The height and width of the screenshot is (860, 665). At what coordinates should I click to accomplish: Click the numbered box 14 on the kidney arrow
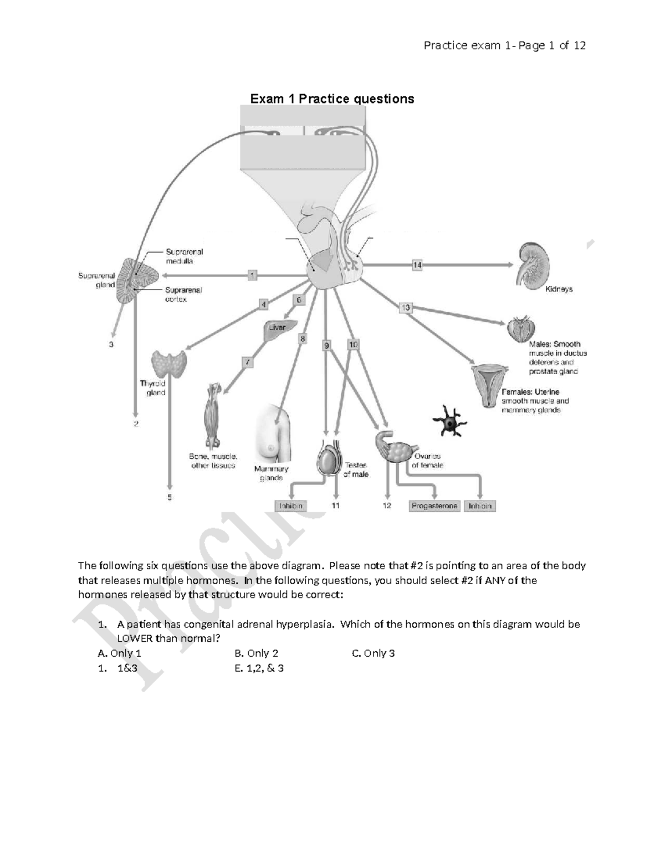[x=417, y=265]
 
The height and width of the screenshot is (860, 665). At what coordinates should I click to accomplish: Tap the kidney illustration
[x=533, y=262]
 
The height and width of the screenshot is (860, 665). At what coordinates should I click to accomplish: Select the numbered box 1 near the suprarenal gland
[x=252, y=275]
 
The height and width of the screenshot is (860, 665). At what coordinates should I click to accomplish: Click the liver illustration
[x=280, y=329]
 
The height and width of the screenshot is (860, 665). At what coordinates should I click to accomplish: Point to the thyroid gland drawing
[x=170, y=363]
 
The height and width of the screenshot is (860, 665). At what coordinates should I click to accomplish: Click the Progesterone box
[x=434, y=506]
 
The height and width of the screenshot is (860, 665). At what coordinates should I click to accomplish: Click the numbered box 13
[x=406, y=307]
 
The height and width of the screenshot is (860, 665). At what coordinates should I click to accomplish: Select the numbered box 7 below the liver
[x=248, y=363]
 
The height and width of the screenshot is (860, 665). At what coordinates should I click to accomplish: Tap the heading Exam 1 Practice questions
[x=332, y=99]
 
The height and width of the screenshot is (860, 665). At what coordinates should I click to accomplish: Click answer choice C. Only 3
[x=373, y=653]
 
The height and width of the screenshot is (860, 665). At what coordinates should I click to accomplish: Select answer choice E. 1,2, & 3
[x=259, y=668]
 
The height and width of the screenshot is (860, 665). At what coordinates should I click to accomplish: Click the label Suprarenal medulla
[x=184, y=256]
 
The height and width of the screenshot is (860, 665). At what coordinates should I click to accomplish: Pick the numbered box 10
[x=353, y=344]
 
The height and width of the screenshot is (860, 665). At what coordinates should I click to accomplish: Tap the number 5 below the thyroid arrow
[x=170, y=497]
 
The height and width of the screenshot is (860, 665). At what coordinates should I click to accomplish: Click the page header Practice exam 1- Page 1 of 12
[x=504, y=45]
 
